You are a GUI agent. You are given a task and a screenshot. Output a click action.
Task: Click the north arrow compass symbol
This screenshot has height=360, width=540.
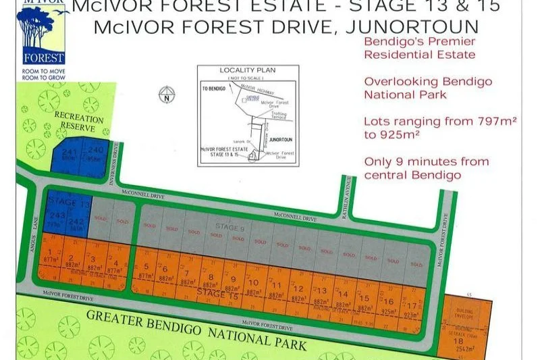167,94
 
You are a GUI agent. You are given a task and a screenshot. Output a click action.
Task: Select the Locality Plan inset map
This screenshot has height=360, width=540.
248,115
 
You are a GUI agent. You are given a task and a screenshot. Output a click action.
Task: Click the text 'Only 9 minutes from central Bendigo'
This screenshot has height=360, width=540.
427,168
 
